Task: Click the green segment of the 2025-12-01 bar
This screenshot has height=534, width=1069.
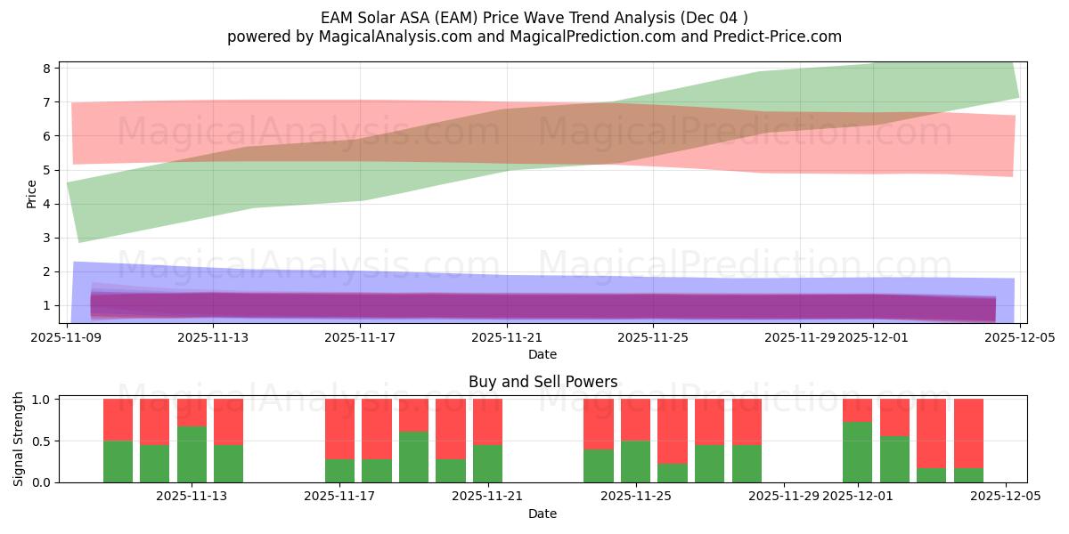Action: (857, 452)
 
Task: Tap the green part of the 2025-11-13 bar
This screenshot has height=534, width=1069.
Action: (192, 454)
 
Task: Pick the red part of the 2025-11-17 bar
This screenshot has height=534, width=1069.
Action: (339, 429)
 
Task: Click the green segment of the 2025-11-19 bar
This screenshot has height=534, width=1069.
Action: (413, 457)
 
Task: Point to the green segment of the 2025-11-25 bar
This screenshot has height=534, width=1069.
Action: (635, 461)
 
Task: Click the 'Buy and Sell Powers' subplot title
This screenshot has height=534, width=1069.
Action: (543, 382)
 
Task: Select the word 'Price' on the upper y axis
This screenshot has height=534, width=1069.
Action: (32, 194)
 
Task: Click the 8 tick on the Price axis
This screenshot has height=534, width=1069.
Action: (52, 69)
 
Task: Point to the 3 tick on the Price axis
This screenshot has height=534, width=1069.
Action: (52, 238)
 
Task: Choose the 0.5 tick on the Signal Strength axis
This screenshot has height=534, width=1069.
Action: (42, 441)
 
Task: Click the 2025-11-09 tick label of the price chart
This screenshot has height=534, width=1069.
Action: (68, 337)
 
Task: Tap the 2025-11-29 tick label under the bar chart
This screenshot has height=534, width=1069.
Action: (785, 497)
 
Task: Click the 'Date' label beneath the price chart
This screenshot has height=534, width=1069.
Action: (543, 354)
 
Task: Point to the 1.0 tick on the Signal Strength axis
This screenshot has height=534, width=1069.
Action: (42, 400)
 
